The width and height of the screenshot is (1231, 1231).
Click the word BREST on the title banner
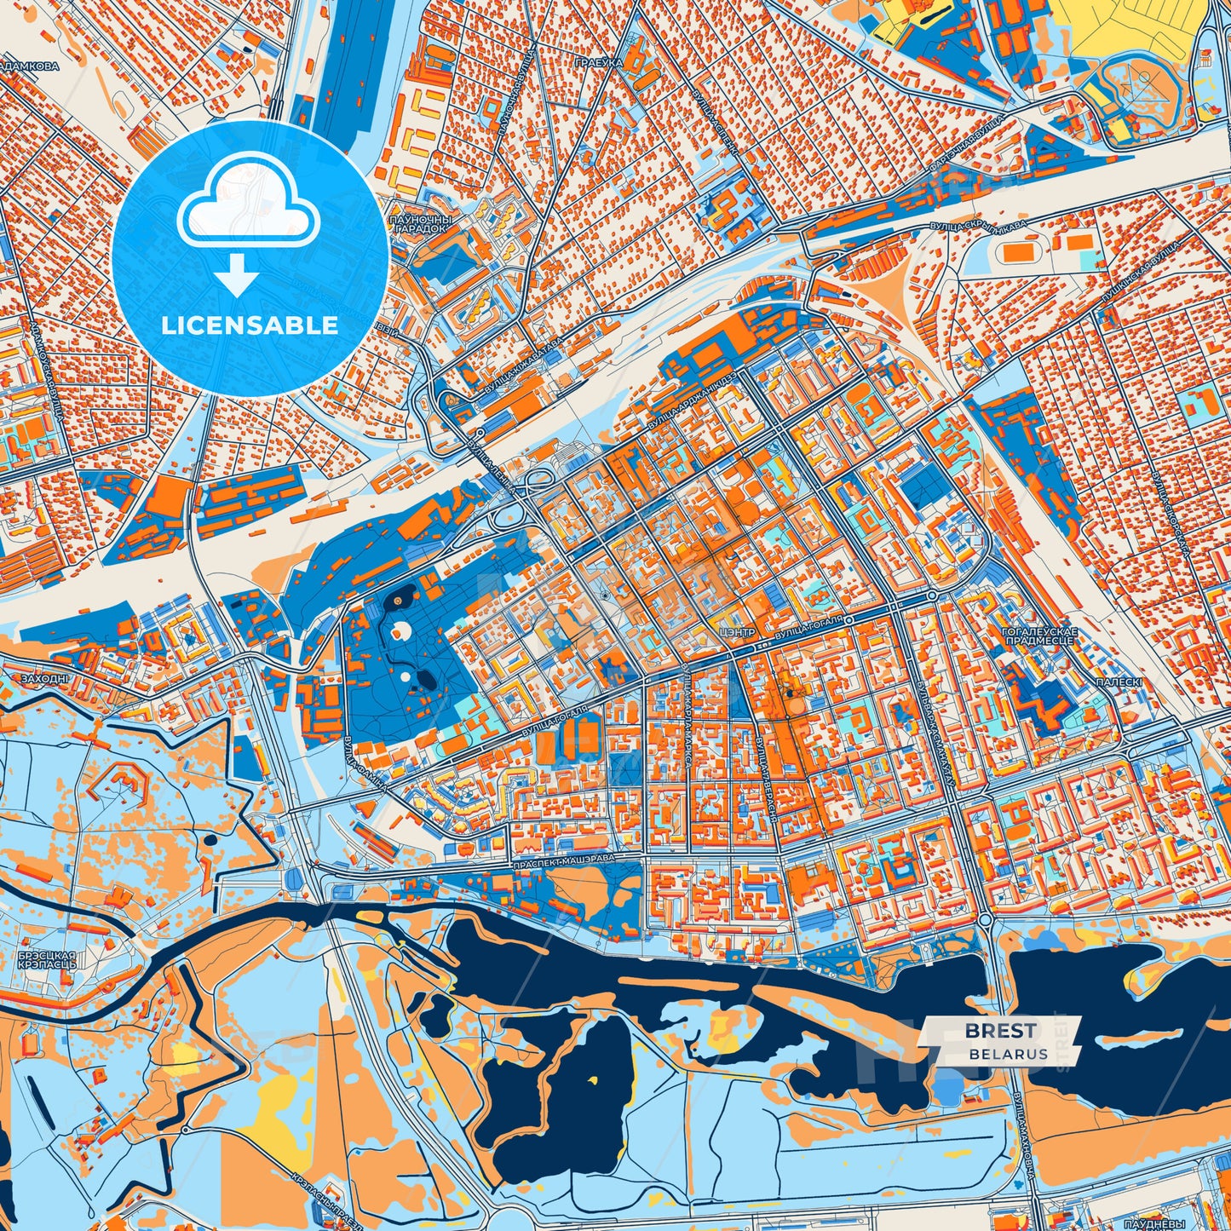1001,1031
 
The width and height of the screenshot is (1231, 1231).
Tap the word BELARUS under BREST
1008,1054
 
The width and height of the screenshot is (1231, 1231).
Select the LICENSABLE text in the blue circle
251,325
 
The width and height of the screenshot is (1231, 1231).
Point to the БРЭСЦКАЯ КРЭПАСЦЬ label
47,960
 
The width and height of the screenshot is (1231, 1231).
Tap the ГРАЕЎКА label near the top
599,63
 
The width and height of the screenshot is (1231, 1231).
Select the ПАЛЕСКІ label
1119,682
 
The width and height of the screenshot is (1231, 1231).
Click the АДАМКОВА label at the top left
31,66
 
